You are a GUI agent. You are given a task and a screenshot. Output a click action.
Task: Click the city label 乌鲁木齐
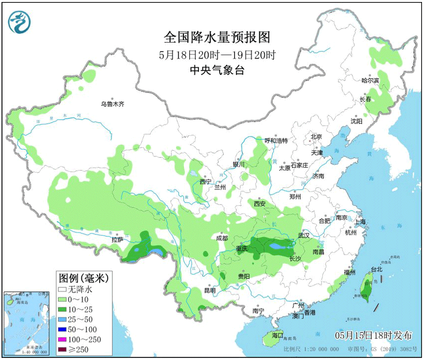(112, 104)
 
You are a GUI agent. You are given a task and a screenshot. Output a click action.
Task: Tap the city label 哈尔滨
(370, 80)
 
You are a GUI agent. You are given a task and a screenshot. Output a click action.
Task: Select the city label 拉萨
(117, 240)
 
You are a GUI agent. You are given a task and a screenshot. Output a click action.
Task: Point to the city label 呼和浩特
(276, 140)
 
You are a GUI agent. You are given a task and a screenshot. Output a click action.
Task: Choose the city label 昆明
(209, 290)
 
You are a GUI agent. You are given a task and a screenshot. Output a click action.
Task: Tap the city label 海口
(277, 335)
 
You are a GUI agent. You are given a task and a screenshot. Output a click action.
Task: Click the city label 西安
(259, 204)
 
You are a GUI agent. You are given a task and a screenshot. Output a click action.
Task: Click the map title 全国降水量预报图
(217, 38)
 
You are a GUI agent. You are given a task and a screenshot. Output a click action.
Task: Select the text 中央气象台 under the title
(217, 71)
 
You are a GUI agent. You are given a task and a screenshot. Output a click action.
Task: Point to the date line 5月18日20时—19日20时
(217, 55)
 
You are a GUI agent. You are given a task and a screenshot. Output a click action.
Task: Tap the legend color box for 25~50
(62, 319)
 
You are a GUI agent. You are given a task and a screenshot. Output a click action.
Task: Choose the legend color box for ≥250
(62, 349)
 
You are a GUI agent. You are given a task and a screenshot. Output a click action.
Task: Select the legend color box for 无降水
(62, 289)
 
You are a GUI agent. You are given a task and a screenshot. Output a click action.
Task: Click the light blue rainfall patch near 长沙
(277, 246)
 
